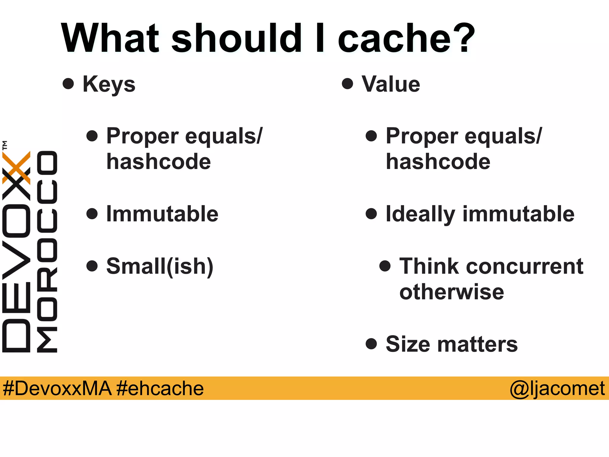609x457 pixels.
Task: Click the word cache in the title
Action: pos(395,39)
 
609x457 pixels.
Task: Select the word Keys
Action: pos(109,84)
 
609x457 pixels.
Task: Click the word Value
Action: pos(391,84)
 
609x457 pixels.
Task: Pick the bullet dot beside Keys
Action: pos(68,84)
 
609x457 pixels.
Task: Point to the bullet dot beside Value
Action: pos(347,84)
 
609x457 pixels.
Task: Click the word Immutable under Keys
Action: pos(162,214)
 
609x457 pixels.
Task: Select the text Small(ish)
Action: pos(160,266)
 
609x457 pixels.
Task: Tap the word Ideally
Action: pos(420,214)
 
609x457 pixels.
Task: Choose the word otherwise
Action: pos(452,292)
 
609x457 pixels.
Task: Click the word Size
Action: pos(408,344)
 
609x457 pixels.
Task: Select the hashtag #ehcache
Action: pos(160,389)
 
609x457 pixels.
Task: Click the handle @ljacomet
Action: pos(557,389)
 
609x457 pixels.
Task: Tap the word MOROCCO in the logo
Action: pos(47,252)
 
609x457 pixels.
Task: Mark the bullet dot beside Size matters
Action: pos(371,344)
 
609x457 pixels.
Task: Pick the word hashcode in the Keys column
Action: pos(159,162)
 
